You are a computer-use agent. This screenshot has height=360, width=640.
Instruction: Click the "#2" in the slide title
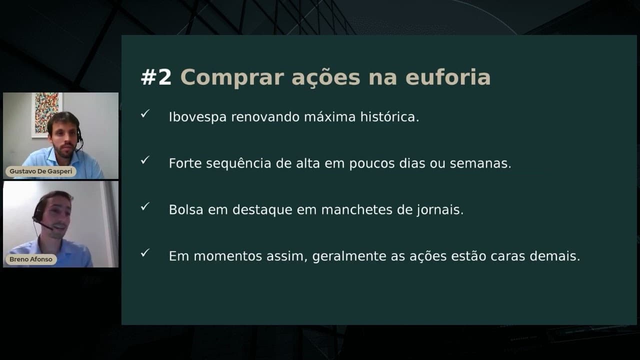[x=156, y=77]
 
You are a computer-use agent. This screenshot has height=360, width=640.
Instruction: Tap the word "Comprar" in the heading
[x=233, y=77]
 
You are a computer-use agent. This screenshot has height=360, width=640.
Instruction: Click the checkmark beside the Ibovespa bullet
[x=145, y=114]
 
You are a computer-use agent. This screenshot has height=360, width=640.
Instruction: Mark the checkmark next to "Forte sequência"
[x=145, y=160]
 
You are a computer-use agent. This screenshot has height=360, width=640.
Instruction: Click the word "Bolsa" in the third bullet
[x=186, y=209]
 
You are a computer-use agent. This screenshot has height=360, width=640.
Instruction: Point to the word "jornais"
[x=439, y=210]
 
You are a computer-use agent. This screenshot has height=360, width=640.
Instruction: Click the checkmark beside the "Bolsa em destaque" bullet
[x=145, y=206]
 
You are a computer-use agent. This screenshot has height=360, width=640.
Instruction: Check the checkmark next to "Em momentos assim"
[x=145, y=252]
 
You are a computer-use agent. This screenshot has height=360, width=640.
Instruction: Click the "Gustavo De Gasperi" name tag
[x=41, y=171]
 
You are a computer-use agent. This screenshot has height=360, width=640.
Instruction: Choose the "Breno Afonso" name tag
[x=31, y=259]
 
